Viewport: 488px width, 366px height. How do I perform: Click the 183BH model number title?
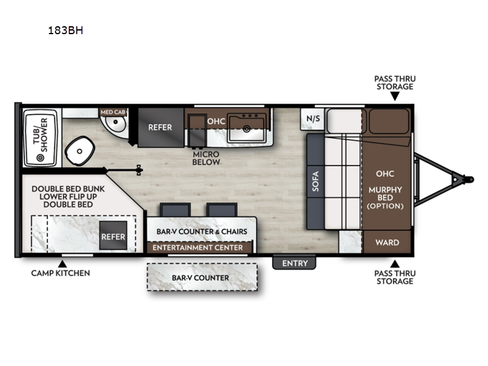[x=65, y=30]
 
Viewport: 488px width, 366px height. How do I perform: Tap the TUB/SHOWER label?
[x=41, y=135]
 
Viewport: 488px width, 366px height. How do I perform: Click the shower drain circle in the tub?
[x=40, y=158]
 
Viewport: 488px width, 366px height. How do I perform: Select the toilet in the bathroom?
[x=80, y=151]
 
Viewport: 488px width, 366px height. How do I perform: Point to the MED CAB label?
[x=113, y=112]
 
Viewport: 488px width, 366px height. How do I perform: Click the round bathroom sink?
[x=115, y=123]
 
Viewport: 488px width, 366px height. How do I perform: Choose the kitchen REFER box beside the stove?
[x=160, y=127]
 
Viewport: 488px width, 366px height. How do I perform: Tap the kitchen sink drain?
[x=246, y=128]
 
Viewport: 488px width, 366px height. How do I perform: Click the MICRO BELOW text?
[x=206, y=158]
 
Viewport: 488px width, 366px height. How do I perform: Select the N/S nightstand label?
[x=313, y=118]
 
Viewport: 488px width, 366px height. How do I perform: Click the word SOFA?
[x=315, y=181]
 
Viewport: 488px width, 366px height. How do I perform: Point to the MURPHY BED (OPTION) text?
[x=386, y=198]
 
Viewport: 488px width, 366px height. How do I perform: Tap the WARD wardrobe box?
[x=387, y=242]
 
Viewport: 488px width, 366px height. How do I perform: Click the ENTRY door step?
[x=294, y=263]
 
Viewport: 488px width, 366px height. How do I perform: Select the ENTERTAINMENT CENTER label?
[x=198, y=248]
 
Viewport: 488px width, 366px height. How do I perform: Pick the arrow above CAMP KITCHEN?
[x=63, y=264]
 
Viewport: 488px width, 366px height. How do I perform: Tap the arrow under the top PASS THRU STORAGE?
[x=395, y=96]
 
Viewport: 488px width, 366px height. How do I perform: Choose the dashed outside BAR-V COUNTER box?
[x=202, y=278]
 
